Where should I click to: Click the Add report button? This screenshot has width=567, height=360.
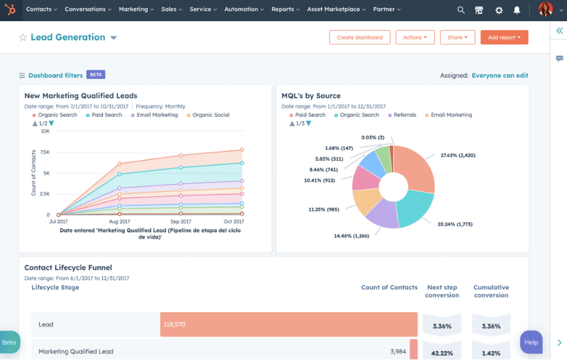tap(504, 38)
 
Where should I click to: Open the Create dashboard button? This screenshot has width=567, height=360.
tap(360, 38)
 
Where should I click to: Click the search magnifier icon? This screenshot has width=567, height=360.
tap(461, 10)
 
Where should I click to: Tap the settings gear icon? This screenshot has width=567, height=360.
tap(499, 10)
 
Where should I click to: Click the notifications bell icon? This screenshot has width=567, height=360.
tap(517, 10)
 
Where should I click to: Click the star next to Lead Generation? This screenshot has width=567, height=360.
tap(23, 38)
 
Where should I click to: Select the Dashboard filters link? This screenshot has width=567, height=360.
tap(55, 75)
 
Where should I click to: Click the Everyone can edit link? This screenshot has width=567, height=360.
tap(500, 76)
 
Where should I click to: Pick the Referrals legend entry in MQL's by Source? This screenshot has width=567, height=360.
tap(405, 115)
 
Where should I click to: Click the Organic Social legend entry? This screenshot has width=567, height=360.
tap(211, 115)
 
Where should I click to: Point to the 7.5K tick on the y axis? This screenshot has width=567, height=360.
tap(45, 152)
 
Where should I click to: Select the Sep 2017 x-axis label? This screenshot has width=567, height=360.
tap(181, 221)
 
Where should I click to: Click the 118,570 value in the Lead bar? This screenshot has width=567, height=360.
tap(174, 325)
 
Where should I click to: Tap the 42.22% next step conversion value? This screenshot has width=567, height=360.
tap(442, 353)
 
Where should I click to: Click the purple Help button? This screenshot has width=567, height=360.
tap(531, 342)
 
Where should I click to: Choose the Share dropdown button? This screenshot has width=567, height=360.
tap(457, 38)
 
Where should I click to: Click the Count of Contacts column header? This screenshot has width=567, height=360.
tap(389, 287)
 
